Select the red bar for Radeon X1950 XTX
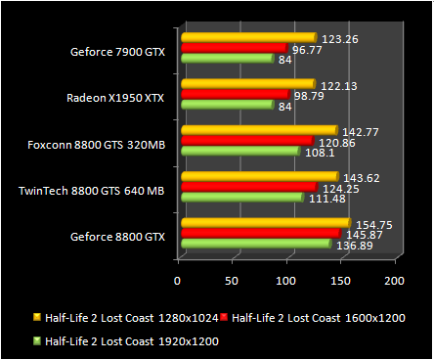coord(235,94)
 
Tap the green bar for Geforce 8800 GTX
coord(256,244)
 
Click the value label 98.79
coord(312,95)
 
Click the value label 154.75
coord(371,223)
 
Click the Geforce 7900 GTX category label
coord(117,52)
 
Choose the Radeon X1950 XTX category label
coord(115,98)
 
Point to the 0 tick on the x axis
coord(177,281)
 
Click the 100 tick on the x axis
coord(284,281)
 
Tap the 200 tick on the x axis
coord(393,281)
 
